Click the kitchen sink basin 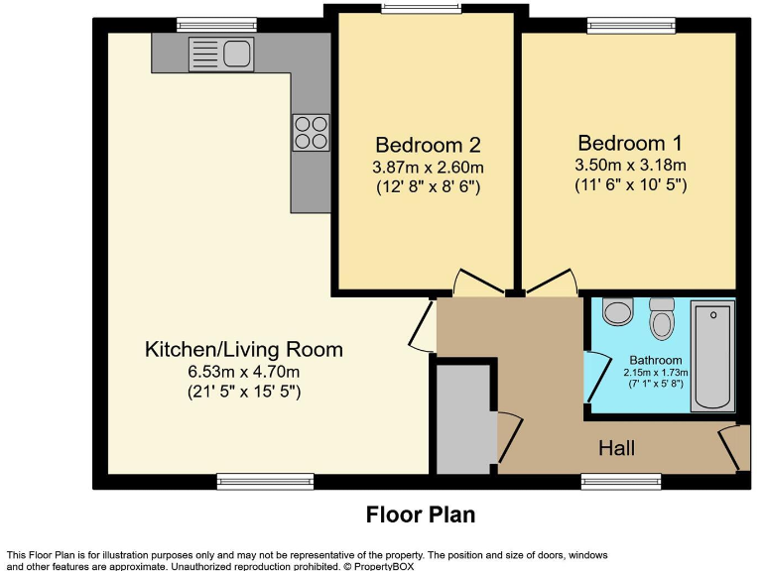click(x=237, y=53)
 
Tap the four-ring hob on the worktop click(x=311, y=133)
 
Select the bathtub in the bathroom click(x=712, y=357)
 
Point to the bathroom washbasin click(x=618, y=311)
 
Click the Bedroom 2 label click(x=428, y=145)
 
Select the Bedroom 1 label click(x=630, y=143)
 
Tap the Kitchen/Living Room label click(x=244, y=350)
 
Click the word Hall click(x=617, y=448)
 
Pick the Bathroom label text click(x=656, y=360)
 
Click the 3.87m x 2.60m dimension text click(x=428, y=168)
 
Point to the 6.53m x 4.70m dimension click(x=244, y=372)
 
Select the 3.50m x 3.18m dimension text click(x=630, y=166)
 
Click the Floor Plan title click(x=421, y=514)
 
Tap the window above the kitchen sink click(x=216, y=25)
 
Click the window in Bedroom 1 click(x=631, y=25)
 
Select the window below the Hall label click(x=621, y=481)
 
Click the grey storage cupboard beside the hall click(x=463, y=418)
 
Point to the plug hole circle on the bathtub click(x=713, y=315)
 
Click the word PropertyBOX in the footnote click(x=384, y=566)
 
